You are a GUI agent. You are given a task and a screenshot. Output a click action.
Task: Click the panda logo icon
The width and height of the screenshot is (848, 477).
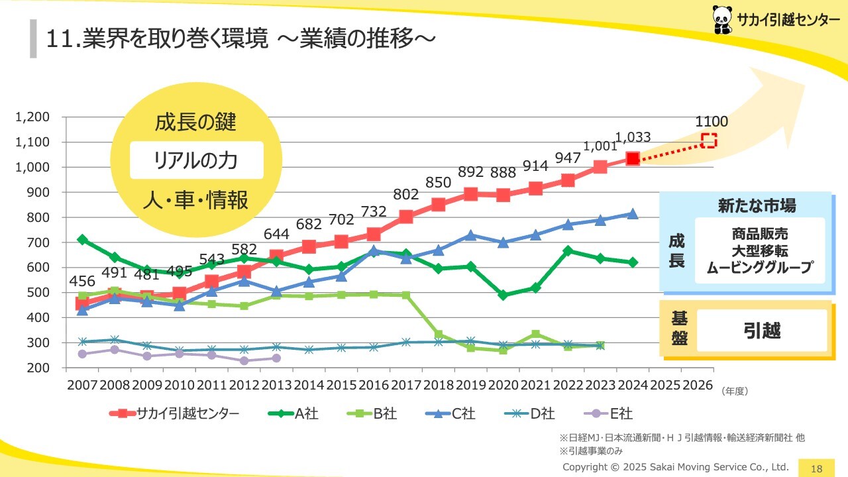pos(722,20)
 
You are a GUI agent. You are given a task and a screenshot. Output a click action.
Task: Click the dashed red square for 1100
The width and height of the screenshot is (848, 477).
pos(709,140)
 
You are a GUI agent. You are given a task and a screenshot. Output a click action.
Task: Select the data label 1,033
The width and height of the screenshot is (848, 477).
pos(633,138)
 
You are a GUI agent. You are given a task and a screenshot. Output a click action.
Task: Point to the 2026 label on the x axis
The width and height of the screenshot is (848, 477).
pos(698,386)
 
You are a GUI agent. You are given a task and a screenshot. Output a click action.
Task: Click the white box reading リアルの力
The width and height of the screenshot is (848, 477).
pos(196,160)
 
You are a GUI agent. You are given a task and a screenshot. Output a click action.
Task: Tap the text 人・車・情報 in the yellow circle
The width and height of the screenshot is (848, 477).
pos(196,199)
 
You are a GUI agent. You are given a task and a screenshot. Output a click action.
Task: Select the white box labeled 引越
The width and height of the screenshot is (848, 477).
pos(762,331)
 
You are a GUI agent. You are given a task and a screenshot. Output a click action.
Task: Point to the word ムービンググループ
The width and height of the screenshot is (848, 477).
pos(759,268)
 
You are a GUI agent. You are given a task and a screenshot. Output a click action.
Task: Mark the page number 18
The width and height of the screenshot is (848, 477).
pos(817,468)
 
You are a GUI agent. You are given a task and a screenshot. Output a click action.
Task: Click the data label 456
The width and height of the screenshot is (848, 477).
pos(82,280)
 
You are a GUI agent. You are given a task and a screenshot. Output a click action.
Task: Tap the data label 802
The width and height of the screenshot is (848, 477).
pos(406,194)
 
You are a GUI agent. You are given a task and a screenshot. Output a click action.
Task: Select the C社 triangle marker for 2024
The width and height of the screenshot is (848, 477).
pos(633,214)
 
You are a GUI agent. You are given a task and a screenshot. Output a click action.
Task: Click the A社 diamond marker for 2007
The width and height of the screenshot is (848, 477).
pos(82,239)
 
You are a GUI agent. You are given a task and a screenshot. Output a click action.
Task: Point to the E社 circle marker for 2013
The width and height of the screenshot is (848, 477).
pos(276,358)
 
